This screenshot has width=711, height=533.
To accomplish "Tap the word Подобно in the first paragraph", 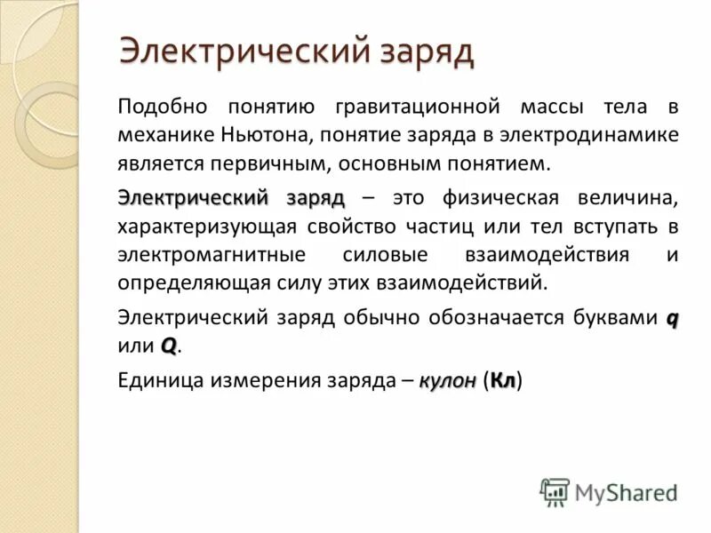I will pyautogui.click(x=163, y=107).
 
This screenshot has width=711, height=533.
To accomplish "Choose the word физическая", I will pyautogui.click(x=495, y=197).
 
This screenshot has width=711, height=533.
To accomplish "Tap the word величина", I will pyautogui.click(x=629, y=197).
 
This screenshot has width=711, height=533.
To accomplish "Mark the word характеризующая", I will pyautogui.click(x=206, y=226).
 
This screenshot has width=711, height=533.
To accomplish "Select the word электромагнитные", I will pyautogui.click(x=210, y=255).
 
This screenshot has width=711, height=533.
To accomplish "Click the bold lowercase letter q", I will pyautogui.click(x=673, y=319).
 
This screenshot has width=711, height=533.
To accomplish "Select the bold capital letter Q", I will pyautogui.click(x=169, y=345).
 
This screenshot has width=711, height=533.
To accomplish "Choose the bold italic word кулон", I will pyautogui.click(x=449, y=379).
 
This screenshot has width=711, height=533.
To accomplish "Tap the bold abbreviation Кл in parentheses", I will pyautogui.click(x=503, y=379).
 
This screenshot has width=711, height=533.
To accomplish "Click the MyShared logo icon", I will pyautogui.click(x=555, y=491).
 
